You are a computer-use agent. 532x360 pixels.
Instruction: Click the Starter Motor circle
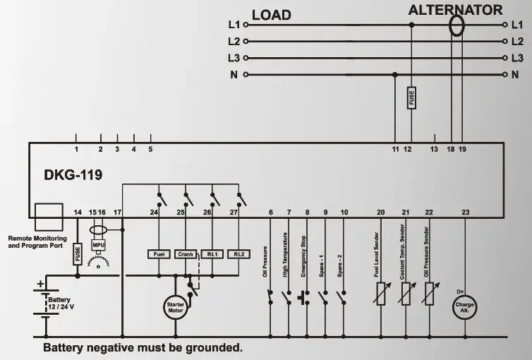coord(176,307)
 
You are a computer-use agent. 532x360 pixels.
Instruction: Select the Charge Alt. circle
coord(464,307)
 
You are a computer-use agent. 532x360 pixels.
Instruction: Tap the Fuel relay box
coord(157,253)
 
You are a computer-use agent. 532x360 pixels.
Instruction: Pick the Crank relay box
coord(185,253)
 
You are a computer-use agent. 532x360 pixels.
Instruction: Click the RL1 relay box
coord(212,253)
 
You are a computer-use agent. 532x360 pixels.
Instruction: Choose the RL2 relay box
coord(239,253)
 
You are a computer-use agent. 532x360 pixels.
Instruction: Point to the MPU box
coord(98,245)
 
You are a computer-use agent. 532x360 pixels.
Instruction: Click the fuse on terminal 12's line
coord(411,98)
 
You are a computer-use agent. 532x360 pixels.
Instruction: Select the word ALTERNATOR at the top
coord(456,10)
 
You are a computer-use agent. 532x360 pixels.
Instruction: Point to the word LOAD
coord(271,15)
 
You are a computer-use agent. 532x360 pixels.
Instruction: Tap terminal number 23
coord(464,212)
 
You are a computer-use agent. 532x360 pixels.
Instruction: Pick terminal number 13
coord(434,149)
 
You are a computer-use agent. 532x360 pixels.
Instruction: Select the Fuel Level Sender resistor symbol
coord(381,293)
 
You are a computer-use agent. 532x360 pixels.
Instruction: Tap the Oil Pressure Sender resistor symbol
coord(428,293)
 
